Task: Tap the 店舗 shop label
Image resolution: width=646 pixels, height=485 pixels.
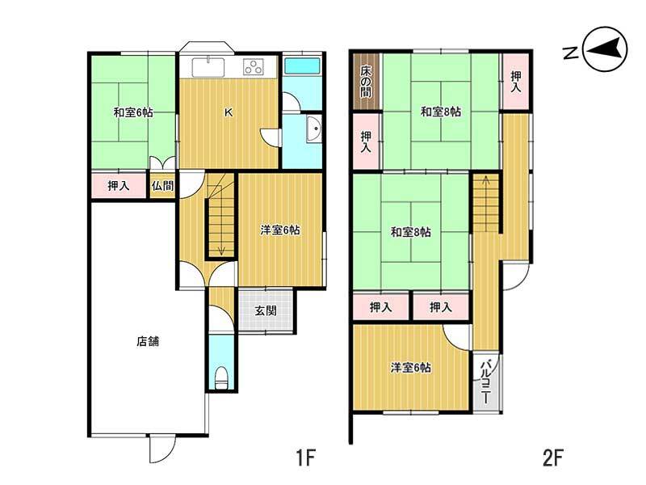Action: [x=148, y=341]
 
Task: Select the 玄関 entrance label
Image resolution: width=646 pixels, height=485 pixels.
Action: [x=266, y=310]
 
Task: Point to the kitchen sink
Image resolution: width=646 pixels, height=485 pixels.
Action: [x=208, y=67]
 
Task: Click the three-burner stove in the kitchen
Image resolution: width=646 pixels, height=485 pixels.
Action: [x=253, y=66]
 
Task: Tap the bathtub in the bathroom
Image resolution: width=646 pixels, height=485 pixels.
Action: [x=302, y=65]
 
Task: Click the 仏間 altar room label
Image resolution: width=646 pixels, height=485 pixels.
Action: [x=163, y=186]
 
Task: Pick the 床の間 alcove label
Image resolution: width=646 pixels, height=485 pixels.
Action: [x=366, y=82]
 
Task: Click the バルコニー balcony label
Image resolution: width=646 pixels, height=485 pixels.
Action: [x=486, y=382]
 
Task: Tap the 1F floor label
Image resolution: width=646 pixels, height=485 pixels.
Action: [x=305, y=458]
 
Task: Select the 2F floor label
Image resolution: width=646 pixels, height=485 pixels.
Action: [x=552, y=458]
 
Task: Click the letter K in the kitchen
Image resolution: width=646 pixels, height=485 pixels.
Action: [x=229, y=112]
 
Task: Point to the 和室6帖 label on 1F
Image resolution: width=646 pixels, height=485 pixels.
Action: [x=133, y=112]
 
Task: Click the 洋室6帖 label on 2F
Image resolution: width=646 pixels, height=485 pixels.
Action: [x=411, y=368]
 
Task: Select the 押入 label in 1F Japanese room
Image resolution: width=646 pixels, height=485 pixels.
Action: [x=119, y=186]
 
